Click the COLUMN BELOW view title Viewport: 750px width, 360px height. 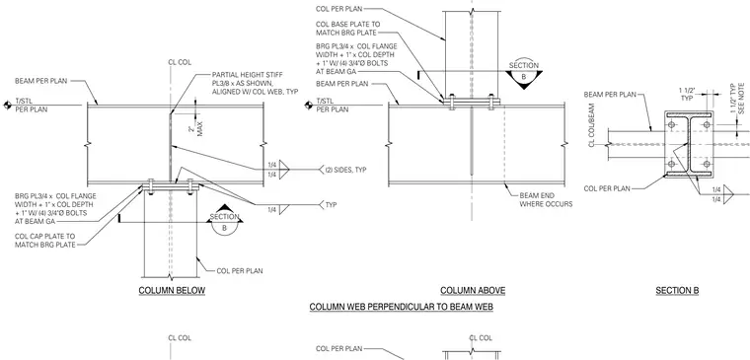point(172,291)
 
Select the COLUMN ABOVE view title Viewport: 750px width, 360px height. point(473,291)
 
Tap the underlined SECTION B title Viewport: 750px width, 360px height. point(677,291)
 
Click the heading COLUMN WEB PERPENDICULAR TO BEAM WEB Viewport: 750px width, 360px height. point(402,307)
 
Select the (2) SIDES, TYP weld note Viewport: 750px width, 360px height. point(345,170)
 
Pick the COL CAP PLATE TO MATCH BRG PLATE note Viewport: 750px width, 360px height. point(45,241)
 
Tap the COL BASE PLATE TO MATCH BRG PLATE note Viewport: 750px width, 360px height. point(347,29)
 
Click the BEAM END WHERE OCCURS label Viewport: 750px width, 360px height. point(546,200)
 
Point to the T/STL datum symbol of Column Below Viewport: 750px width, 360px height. point(7,106)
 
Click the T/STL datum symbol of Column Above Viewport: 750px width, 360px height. point(309,106)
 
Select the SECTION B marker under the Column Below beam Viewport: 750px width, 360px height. point(224,222)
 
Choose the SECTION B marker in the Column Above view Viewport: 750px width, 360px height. point(524,74)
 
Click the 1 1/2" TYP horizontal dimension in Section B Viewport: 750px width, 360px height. point(688,93)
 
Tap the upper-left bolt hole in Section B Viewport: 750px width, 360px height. point(671,124)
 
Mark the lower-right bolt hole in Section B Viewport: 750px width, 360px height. point(706,165)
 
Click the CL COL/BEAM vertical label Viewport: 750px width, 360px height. point(592,125)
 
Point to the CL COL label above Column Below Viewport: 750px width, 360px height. point(180,62)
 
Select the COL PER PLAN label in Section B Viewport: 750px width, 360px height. point(607,188)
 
